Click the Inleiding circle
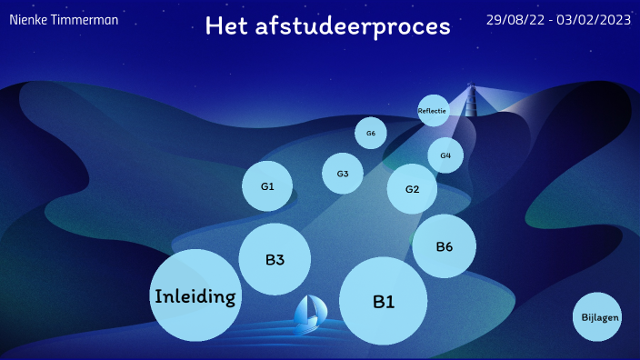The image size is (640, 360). click(195, 295)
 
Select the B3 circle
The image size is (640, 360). click(275, 259)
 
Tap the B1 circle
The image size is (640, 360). click(384, 301)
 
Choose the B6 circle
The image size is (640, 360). click(444, 246)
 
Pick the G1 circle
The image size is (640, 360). click(267, 186)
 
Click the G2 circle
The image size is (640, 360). click(412, 189)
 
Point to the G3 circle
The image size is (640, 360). click(343, 174)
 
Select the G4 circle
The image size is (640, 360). click(445, 155)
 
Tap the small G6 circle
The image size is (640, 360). click(371, 133)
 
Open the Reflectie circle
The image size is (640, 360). click(434, 111)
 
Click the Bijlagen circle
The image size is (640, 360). click(597, 316)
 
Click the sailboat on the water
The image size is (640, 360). click(310, 315)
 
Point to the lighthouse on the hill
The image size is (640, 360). click(471, 100)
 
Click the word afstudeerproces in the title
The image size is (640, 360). click(353, 26)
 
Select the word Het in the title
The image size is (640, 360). click(226, 25)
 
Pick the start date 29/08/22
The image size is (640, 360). click(515, 20)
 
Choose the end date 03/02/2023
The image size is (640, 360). click(594, 20)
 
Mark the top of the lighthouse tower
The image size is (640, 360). click(471, 82)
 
